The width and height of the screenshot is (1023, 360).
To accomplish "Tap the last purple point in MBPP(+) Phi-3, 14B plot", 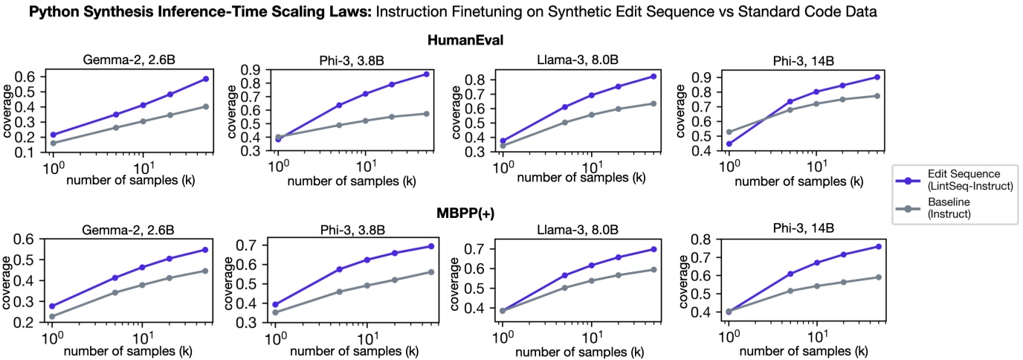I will [878, 246].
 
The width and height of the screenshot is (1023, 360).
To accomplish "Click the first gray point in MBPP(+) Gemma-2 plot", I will [53, 317].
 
